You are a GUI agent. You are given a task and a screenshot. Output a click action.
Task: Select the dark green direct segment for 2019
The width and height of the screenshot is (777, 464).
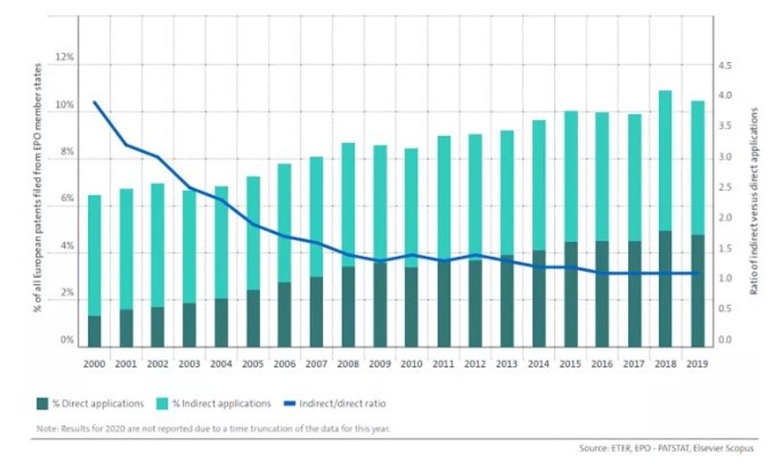(x=697, y=291)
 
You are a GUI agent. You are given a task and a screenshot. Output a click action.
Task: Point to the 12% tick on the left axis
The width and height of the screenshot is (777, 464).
(x=63, y=59)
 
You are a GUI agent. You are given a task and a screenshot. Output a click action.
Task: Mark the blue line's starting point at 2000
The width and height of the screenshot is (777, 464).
(x=94, y=102)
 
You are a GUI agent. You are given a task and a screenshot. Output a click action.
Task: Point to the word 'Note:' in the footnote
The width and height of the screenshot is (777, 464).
(x=46, y=428)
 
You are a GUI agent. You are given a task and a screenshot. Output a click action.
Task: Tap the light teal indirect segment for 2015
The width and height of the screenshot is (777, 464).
(x=570, y=177)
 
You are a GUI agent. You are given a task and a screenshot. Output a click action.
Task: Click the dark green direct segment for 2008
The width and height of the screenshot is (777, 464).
(x=347, y=307)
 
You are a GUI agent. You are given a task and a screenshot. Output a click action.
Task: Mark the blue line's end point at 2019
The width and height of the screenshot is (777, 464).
(x=697, y=273)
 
